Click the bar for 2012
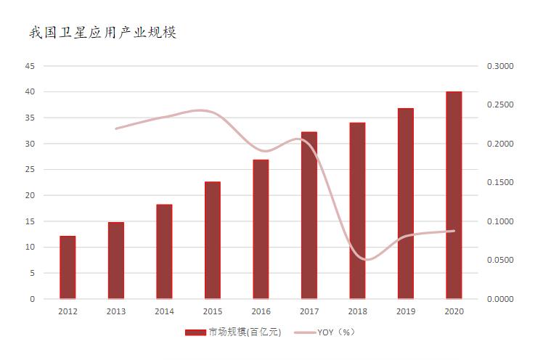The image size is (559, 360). (68, 267)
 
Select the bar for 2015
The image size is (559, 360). (213, 240)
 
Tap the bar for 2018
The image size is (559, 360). (357, 210)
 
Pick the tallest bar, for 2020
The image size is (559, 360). (454, 195)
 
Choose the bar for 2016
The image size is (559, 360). (261, 229)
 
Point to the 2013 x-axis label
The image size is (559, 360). (115, 311)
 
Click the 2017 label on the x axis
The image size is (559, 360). (309, 311)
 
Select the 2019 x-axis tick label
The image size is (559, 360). (405, 311)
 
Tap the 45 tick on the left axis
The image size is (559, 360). (30, 66)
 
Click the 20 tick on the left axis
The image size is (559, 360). (30, 195)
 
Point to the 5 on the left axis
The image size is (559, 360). (32, 273)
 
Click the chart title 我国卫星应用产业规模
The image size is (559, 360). (102, 33)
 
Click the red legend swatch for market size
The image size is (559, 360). (195, 332)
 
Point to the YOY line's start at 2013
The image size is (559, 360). (116, 128)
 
